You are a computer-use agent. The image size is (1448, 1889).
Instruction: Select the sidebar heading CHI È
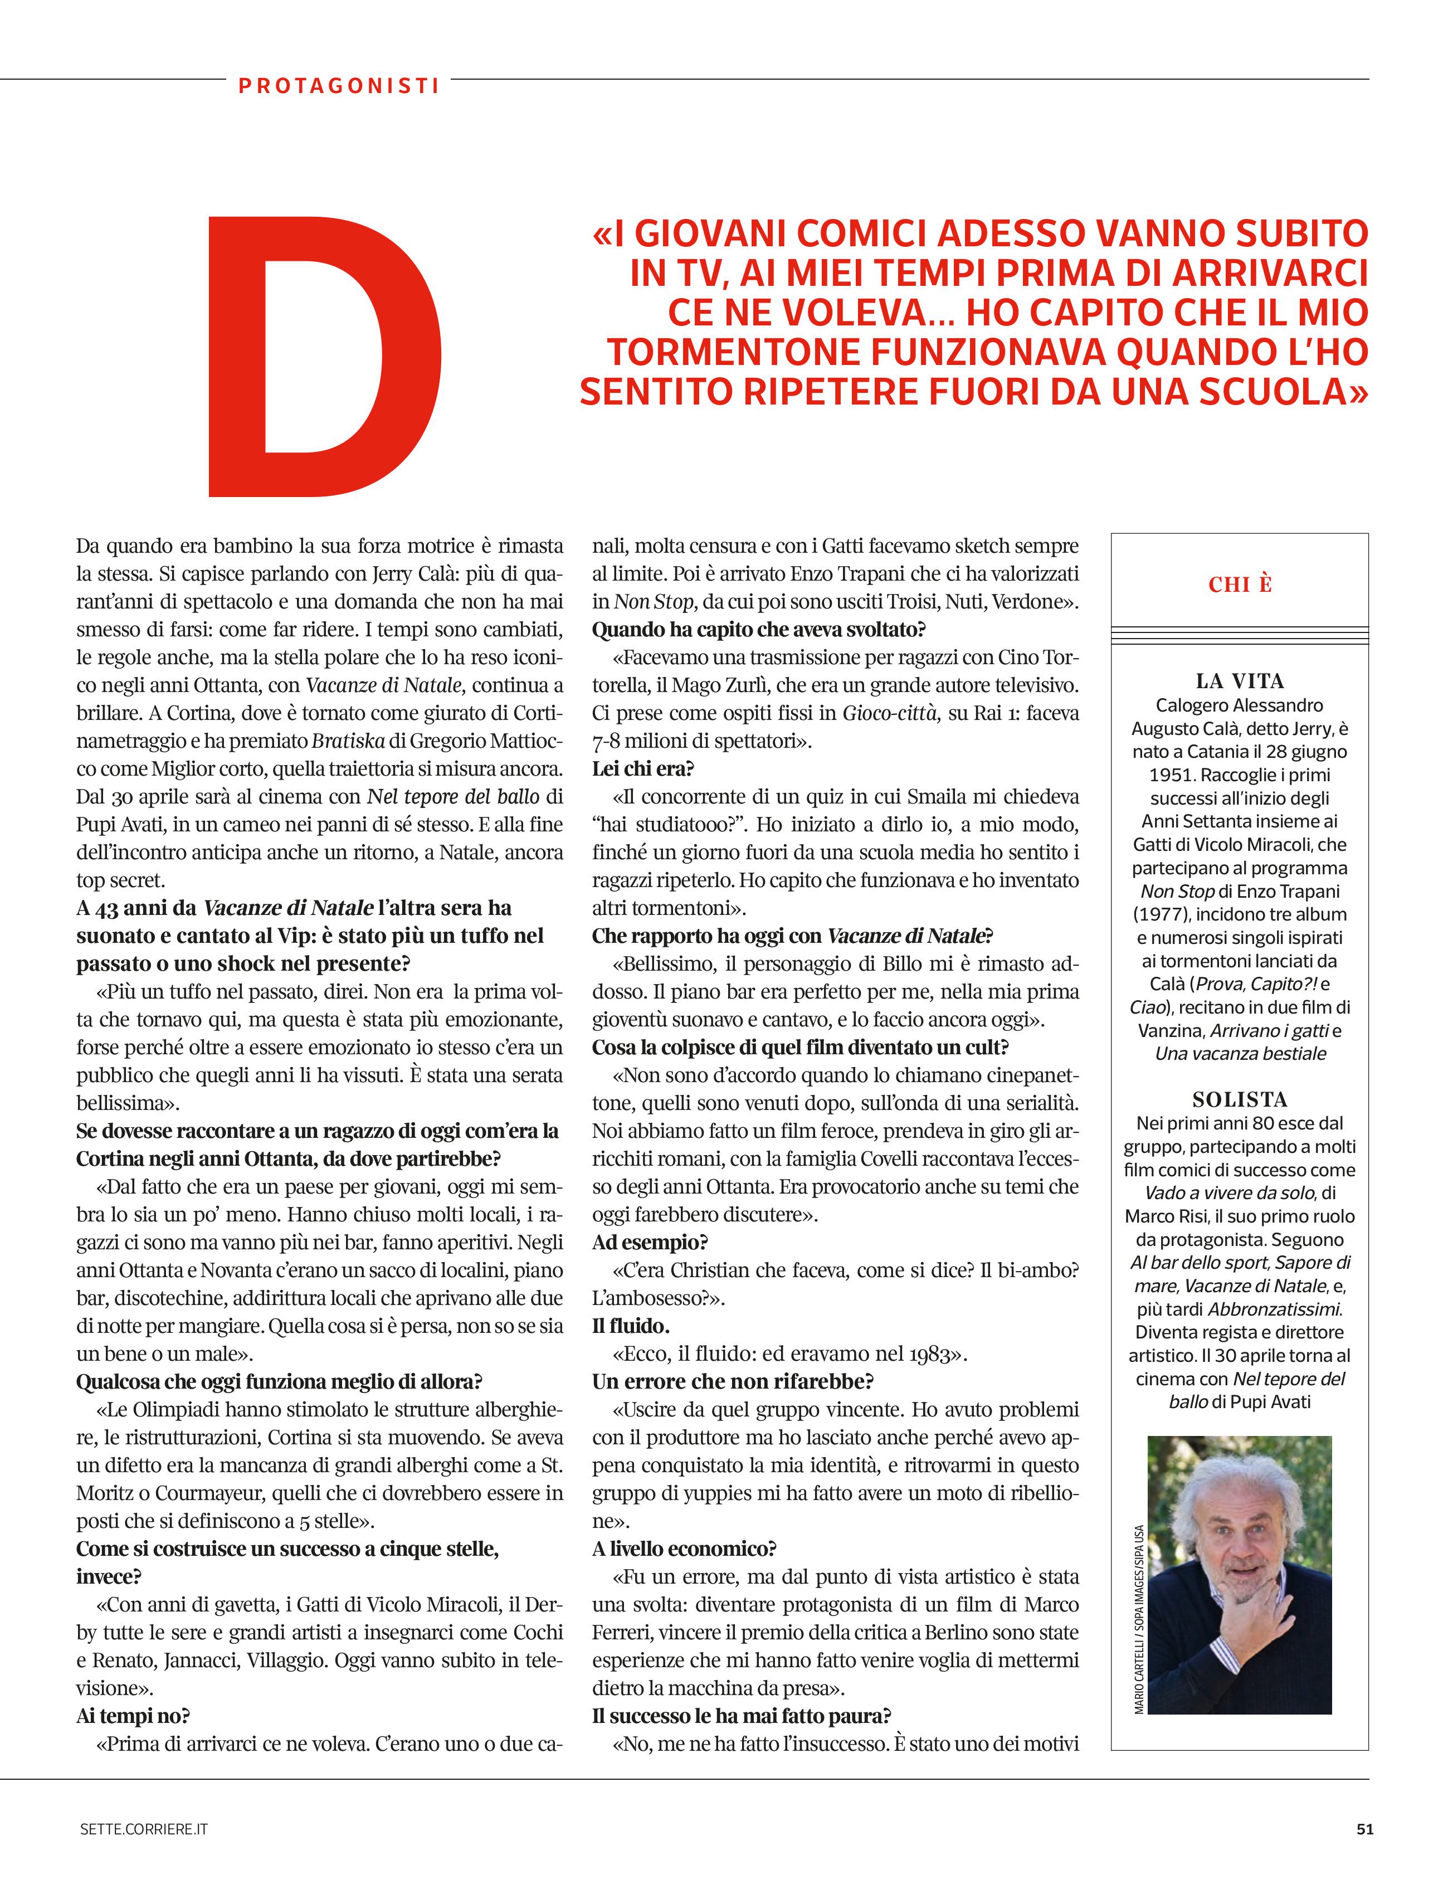1240,585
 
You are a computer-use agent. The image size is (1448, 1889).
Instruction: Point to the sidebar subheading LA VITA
1240,681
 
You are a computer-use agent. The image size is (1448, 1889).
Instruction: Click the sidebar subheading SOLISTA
1240,1099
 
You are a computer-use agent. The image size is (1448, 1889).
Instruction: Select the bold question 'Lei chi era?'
643,768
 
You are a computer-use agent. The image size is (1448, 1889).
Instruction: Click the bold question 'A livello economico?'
684,1549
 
